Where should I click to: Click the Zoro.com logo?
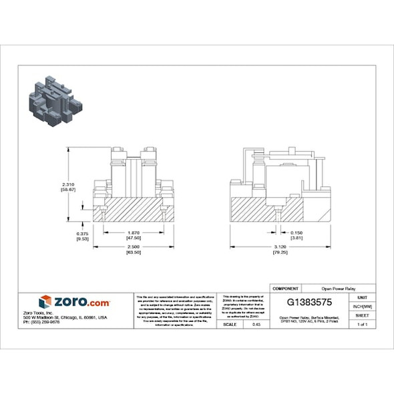point(74,302)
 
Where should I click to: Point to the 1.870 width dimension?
point(134,232)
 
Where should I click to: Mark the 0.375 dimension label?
point(83,233)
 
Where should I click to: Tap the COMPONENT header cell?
point(286,288)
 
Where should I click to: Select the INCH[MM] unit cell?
point(362,306)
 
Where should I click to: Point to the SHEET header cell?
point(362,315)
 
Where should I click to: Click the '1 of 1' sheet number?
point(362,324)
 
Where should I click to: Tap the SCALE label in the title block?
point(229,324)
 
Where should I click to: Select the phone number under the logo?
point(41,322)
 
